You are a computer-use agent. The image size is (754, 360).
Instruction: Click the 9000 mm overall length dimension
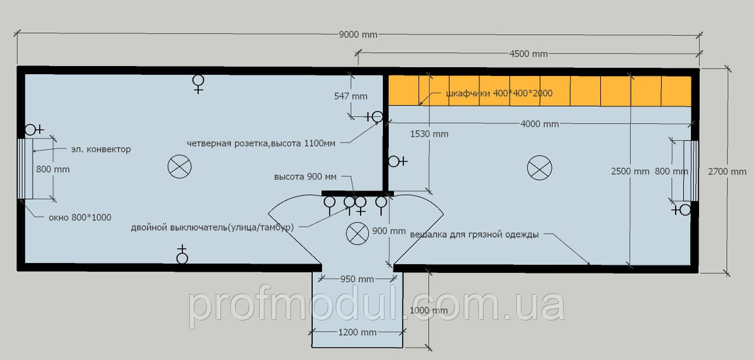tap(358, 34)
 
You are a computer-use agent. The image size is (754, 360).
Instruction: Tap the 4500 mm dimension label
tap(528, 54)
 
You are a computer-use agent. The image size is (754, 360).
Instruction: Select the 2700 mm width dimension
tap(727, 171)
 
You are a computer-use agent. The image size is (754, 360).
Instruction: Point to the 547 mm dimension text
tap(350, 96)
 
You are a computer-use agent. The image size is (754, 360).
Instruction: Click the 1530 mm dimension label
tap(429, 134)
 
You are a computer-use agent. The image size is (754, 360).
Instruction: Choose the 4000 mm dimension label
tap(540, 124)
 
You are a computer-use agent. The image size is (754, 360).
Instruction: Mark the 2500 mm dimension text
tap(630, 171)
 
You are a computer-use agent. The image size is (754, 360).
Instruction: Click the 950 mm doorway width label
tap(357, 279)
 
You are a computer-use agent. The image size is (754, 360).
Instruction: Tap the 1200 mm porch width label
tap(357, 333)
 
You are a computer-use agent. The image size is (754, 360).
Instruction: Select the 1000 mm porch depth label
tap(428, 311)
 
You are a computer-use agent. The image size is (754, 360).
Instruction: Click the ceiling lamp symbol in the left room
tap(180, 166)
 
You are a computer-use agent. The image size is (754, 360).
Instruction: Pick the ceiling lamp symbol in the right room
tap(539, 168)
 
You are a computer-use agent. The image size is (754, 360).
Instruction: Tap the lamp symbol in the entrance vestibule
tap(357, 233)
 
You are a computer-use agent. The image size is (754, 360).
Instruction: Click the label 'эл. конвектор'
tap(101, 149)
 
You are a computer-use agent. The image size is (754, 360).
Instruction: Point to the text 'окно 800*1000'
tap(80, 217)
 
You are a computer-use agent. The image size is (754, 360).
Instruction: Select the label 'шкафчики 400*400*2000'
tap(499, 93)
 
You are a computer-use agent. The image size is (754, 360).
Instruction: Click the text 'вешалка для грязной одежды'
tap(474, 235)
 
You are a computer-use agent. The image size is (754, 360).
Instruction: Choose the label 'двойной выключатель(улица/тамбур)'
tap(212, 227)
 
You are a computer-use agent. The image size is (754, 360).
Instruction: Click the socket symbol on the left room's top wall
tap(199, 84)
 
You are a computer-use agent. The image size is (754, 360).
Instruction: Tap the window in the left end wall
tap(25, 169)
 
